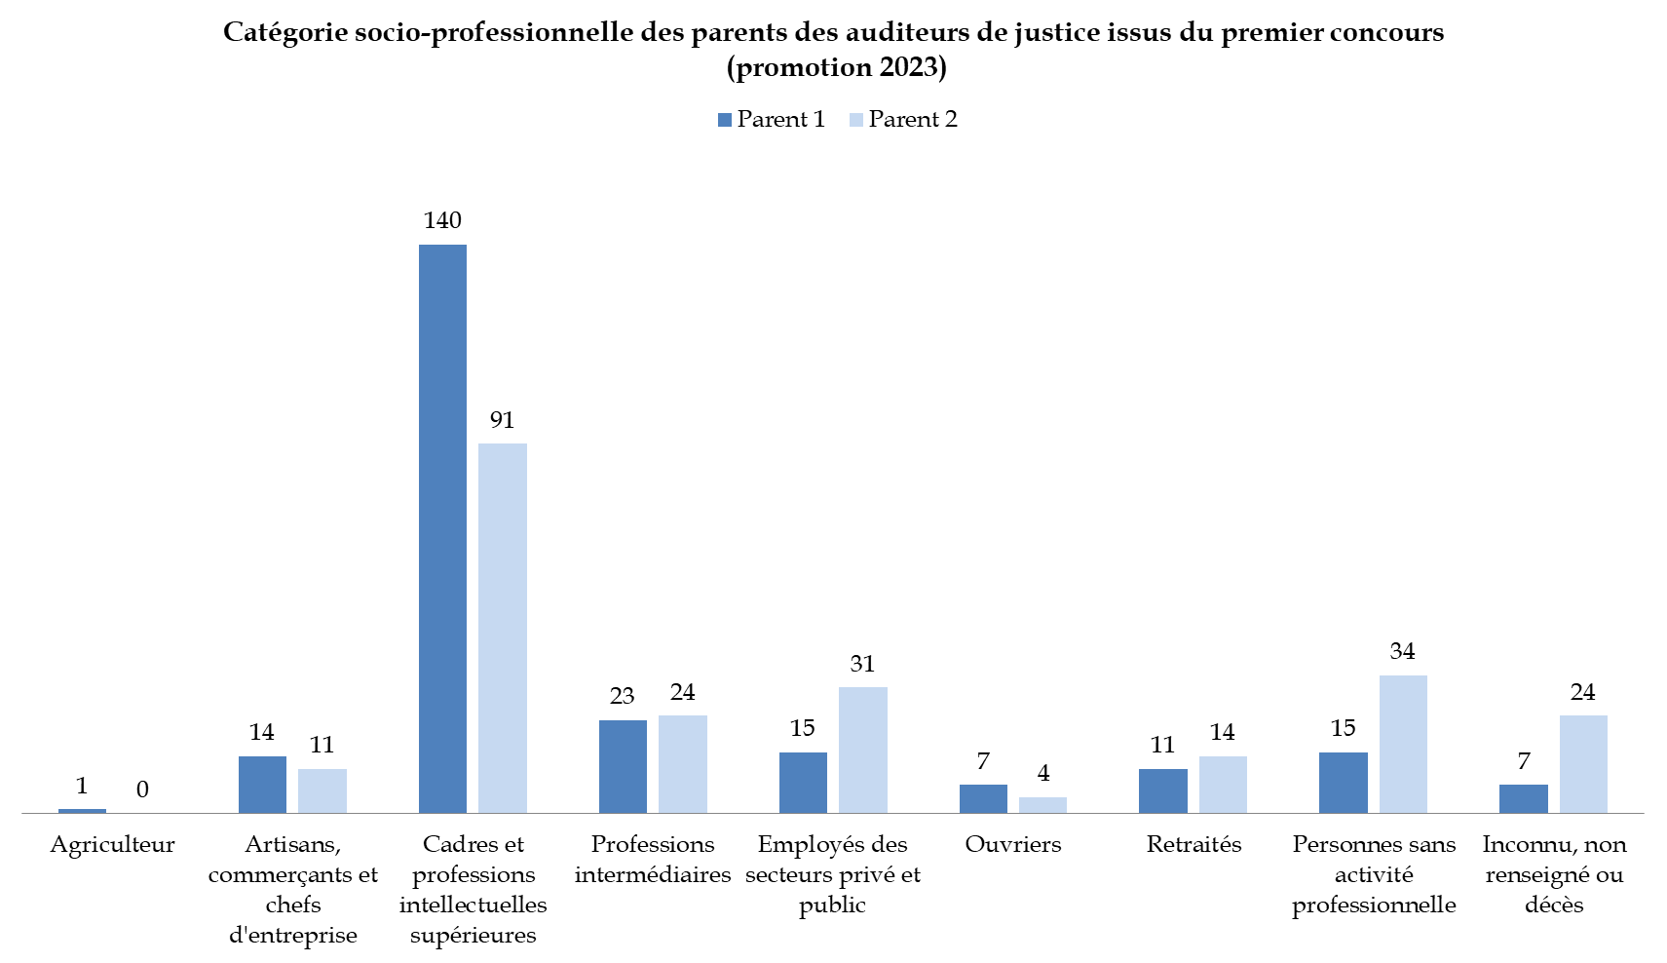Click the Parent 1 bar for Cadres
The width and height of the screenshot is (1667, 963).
[442, 528]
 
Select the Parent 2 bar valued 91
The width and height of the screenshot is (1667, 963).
[503, 628]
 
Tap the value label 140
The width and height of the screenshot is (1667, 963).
[442, 220]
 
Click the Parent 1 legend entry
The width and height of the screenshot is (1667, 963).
[772, 119]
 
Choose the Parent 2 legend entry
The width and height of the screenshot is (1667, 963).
[903, 119]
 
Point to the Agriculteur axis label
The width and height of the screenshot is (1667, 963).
[112, 844]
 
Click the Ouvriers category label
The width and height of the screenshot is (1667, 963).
[1013, 844]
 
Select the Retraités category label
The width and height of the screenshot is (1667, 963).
[1193, 844]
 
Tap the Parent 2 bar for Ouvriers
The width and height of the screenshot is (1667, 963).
[1042, 805]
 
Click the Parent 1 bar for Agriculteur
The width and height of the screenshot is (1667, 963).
[82, 810]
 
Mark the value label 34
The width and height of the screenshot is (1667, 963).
[1402, 651]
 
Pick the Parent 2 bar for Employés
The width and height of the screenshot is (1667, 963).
[863, 750]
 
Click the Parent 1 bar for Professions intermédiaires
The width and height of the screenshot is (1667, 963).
[623, 766]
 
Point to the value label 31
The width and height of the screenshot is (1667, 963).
[862, 664]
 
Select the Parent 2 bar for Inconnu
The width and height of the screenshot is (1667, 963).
[1583, 764]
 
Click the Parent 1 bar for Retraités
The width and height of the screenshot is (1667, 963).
[1163, 790]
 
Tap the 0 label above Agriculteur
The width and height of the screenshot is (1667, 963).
[142, 790]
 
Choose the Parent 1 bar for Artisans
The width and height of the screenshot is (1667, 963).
[262, 785]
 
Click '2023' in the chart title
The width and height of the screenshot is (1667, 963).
[908, 67]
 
